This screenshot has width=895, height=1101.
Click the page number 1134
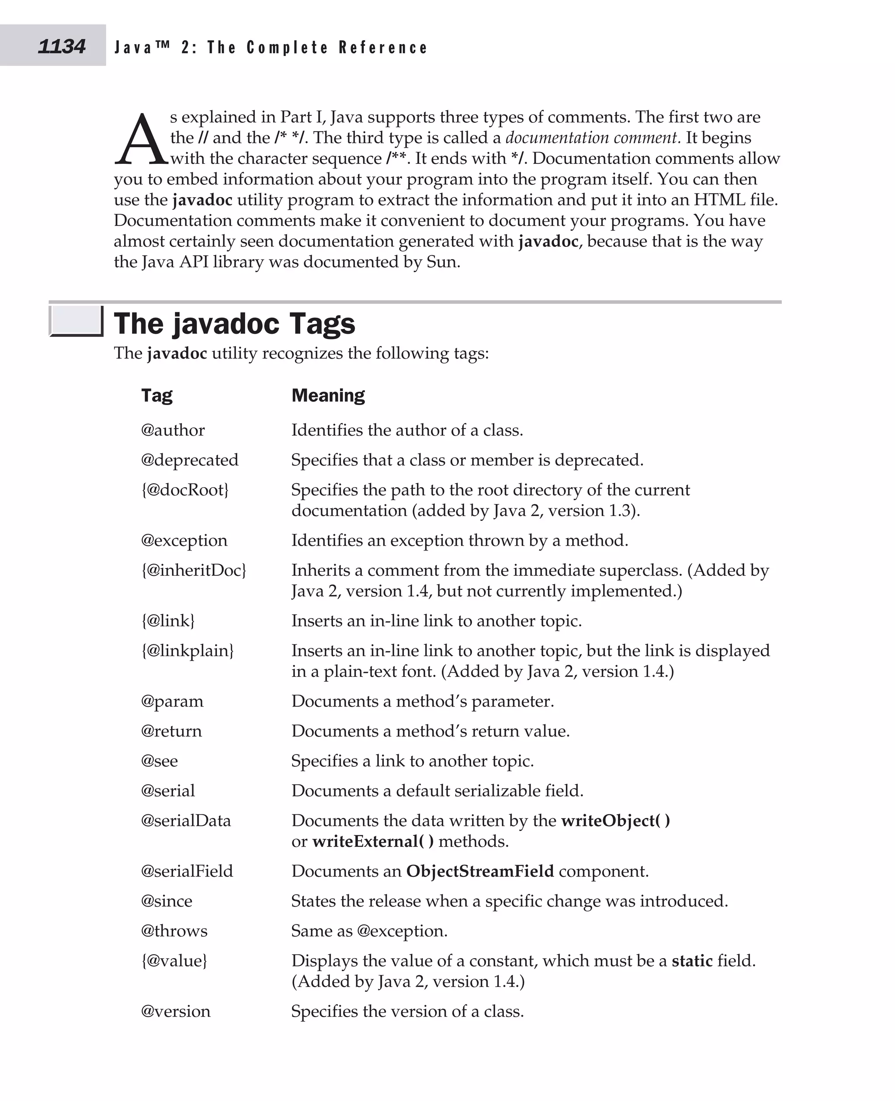point(61,46)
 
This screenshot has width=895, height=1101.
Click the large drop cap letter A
point(141,140)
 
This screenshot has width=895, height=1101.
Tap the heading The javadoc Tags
point(234,323)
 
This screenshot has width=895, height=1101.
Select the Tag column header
point(157,395)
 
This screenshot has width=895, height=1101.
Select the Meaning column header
point(328,395)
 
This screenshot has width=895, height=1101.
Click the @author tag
point(173,430)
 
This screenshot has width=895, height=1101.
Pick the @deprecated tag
point(190,460)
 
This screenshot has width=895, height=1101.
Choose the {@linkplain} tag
point(187,651)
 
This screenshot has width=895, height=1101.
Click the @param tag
point(172,701)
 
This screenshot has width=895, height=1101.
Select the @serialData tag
point(186,821)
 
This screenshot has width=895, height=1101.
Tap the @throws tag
point(174,931)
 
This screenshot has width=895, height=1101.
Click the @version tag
point(176,1011)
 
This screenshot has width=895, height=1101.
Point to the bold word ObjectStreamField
point(479,871)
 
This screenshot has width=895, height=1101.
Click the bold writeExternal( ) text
point(373,841)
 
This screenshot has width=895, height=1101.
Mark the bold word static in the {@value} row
point(692,961)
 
